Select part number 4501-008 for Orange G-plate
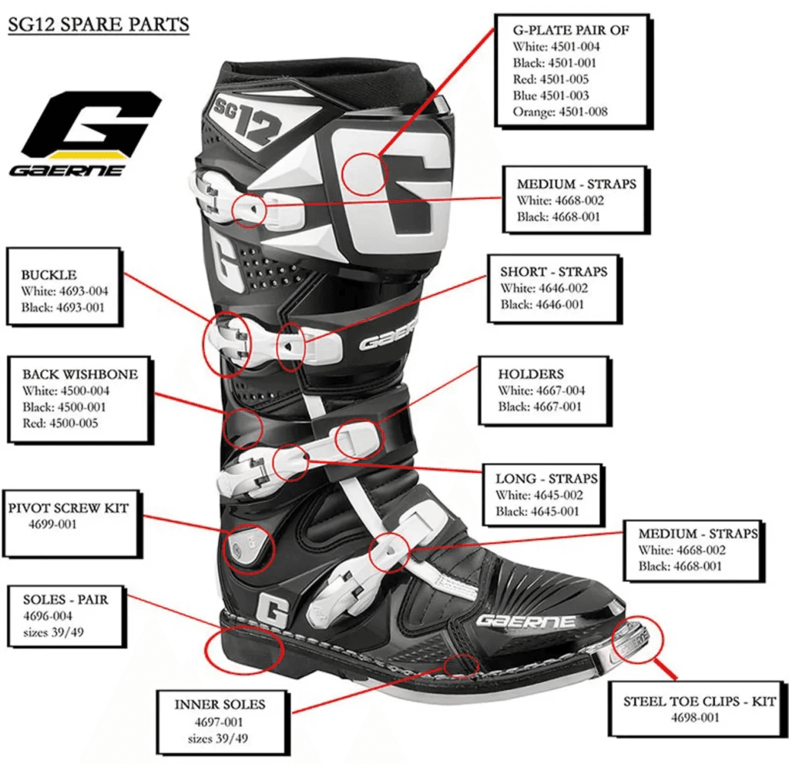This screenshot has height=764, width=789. click(x=583, y=112)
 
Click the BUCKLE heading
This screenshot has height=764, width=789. click(x=49, y=275)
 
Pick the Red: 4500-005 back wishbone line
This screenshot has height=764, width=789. click(x=60, y=423)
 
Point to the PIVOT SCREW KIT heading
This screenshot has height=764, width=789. click(x=69, y=508)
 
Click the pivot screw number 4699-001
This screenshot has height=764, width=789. click(x=52, y=524)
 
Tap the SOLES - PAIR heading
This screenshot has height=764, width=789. click(x=65, y=599)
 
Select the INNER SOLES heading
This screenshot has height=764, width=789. click(x=220, y=704)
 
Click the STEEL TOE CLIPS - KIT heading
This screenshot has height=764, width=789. click(x=700, y=701)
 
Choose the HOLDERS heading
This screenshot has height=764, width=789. click(x=531, y=374)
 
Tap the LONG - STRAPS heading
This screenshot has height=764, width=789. click(x=546, y=478)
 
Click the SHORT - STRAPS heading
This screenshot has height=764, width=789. click(x=553, y=272)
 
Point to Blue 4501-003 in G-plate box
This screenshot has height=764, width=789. click(x=550, y=95)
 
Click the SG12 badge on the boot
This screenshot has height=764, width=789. click(x=247, y=121)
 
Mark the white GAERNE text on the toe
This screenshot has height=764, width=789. click(x=525, y=622)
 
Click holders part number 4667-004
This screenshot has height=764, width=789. click(x=561, y=390)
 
